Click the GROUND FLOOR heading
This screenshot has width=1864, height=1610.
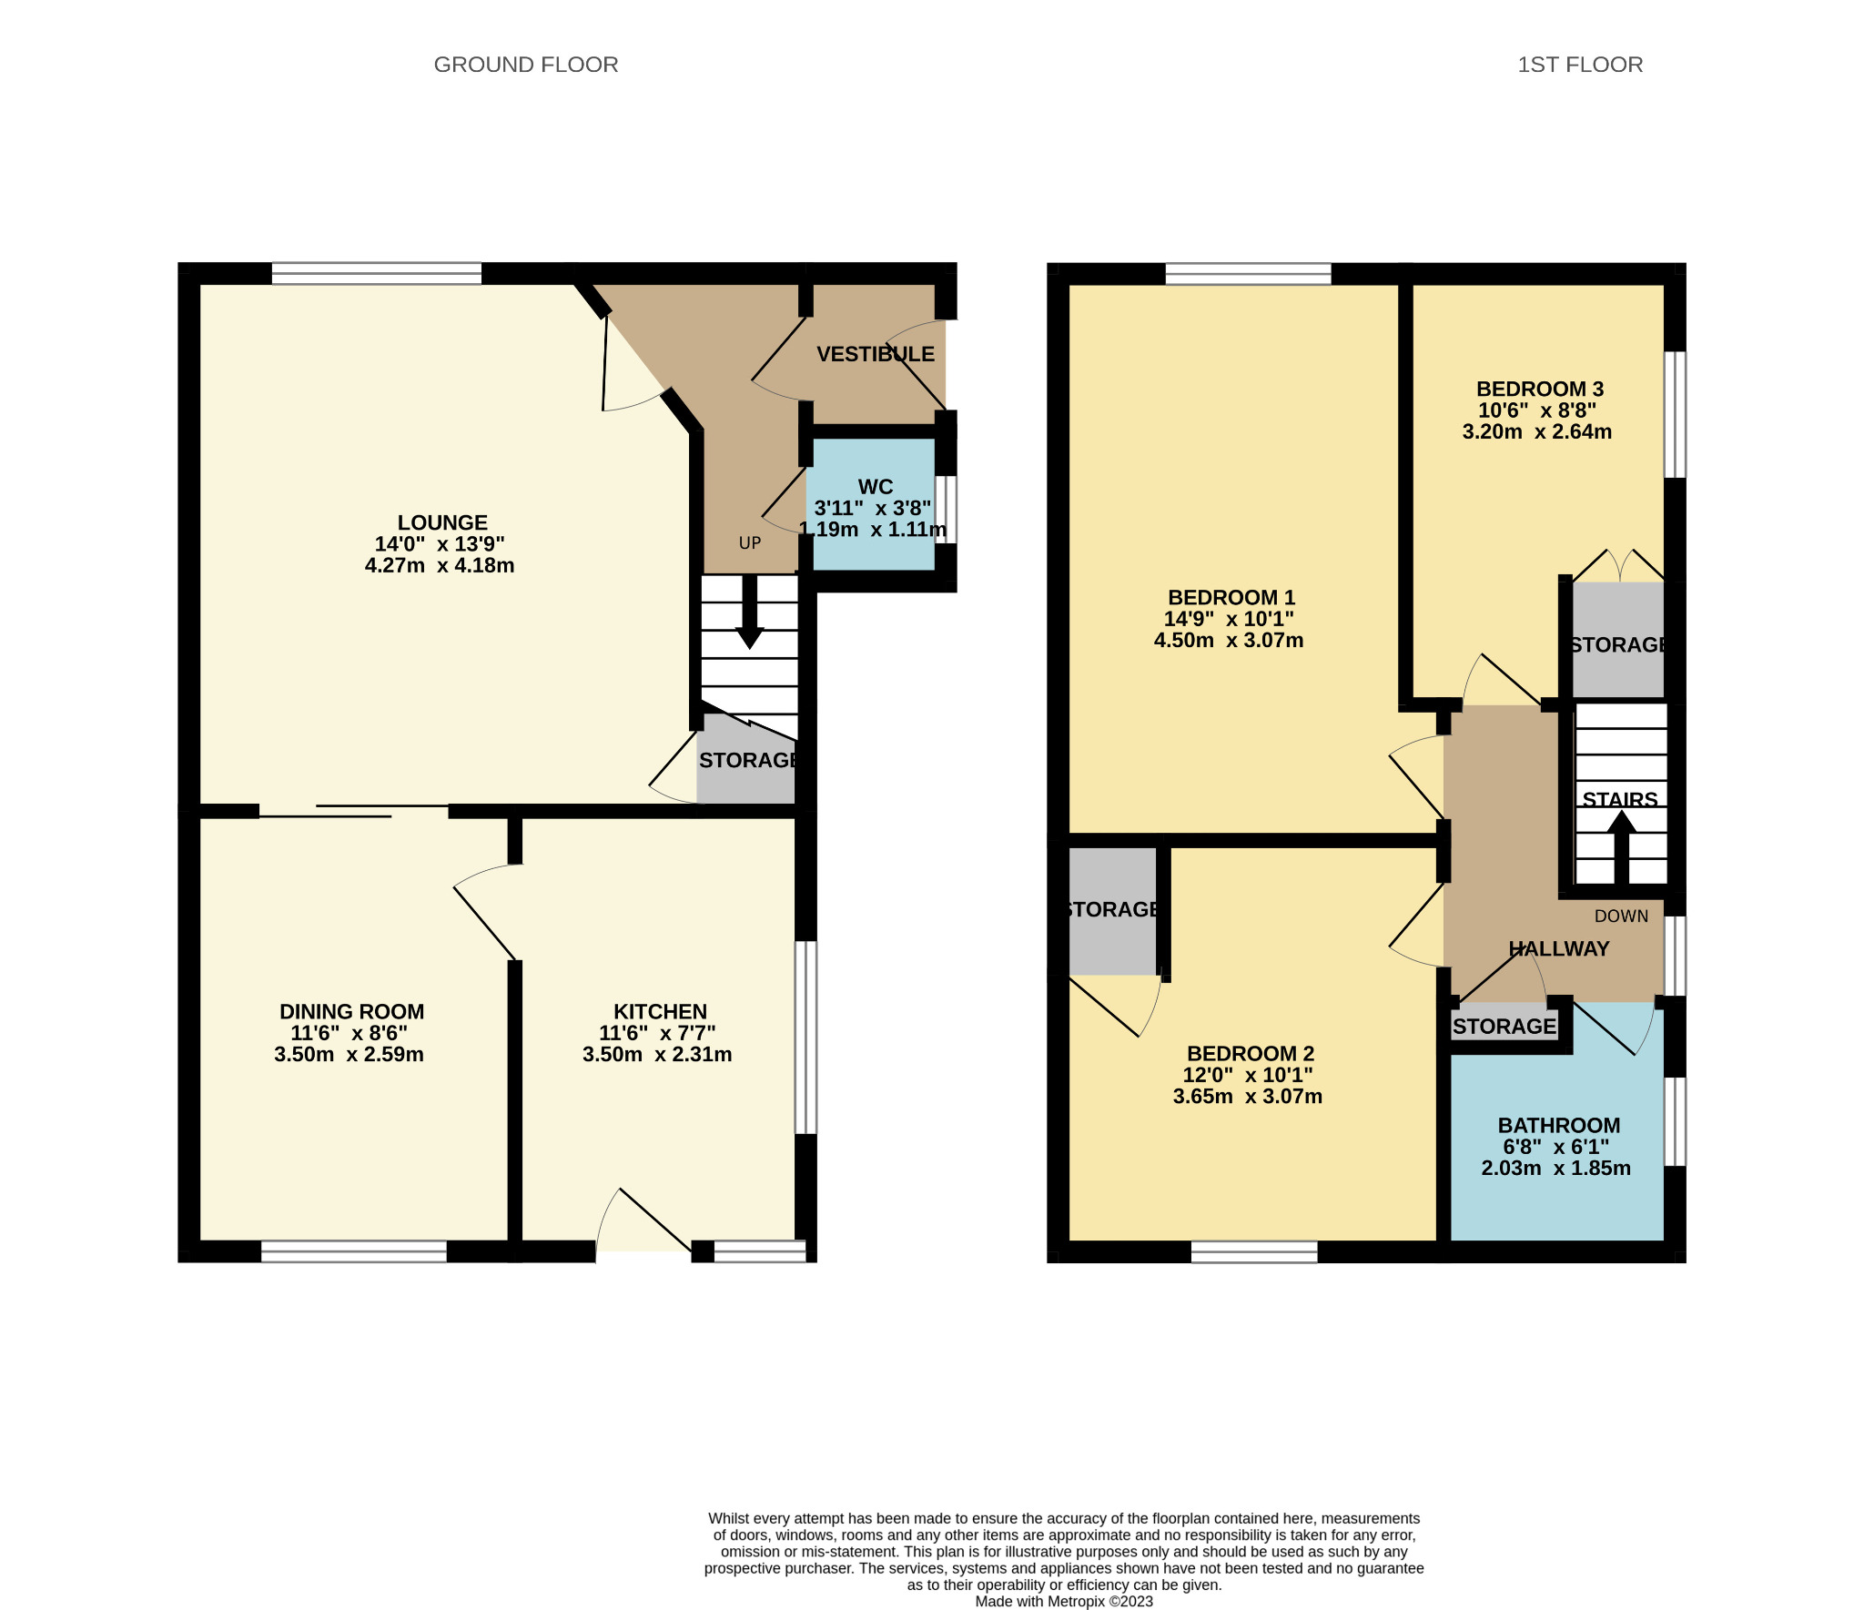pyautogui.click(x=525, y=65)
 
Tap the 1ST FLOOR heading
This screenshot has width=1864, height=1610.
pyautogui.click(x=1579, y=65)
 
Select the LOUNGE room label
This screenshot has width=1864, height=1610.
pyautogui.click(x=442, y=522)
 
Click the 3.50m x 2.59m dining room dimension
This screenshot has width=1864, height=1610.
pyautogui.click(x=349, y=1055)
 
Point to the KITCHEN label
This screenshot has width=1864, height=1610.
pyautogui.click(x=660, y=1012)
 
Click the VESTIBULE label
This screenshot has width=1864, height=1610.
pyautogui.click(x=875, y=354)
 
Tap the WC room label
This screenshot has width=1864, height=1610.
pyautogui.click(x=875, y=487)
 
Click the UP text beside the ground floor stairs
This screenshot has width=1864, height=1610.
pyautogui.click(x=749, y=543)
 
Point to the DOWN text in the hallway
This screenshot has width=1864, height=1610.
pyautogui.click(x=1621, y=916)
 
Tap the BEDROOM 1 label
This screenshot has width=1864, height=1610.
pyautogui.click(x=1231, y=598)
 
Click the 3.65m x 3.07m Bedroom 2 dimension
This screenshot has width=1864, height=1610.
pyautogui.click(x=1247, y=1097)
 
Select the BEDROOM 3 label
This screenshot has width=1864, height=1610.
pyautogui.click(x=1539, y=390)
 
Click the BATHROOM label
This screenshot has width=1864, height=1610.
pyautogui.click(x=1558, y=1126)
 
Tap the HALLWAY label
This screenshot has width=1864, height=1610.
pyautogui.click(x=1558, y=949)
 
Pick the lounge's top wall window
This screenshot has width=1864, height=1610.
pyautogui.click(x=377, y=273)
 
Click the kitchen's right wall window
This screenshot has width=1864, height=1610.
pyautogui.click(x=805, y=1037)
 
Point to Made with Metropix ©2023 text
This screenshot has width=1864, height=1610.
pyautogui.click(x=1063, y=1601)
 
